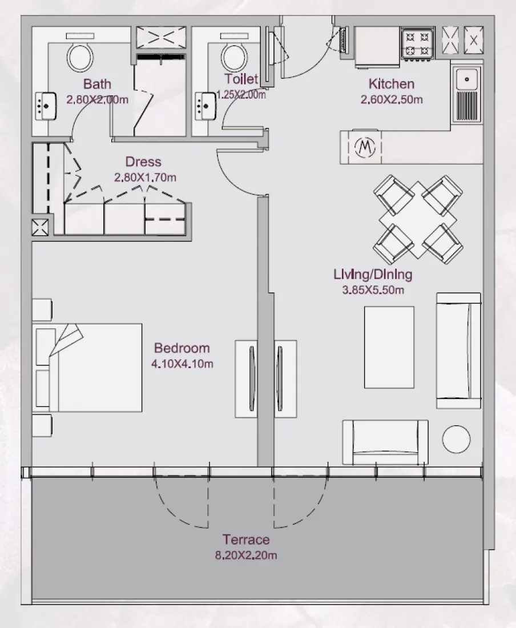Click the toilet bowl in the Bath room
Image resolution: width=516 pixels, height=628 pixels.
pyautogui.click(x=80, y=55)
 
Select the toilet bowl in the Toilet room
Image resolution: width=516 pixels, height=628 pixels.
pyautogui.click(x=233, y=56)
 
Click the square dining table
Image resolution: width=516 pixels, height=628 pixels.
pyautogui.click(x=418, y=220)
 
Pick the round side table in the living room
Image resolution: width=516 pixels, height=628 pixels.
pyautogui.click(x=456, y=438)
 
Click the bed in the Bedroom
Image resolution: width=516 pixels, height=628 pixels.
pyautogui.click(x=88, y=368)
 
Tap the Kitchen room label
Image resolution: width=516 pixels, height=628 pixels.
pyautogui.click(x=391, y=84)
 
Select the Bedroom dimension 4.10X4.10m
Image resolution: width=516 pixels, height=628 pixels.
pyautogui.click(x=182, y=364)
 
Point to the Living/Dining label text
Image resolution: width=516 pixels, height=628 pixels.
pyautogui.click(x=373, y=275)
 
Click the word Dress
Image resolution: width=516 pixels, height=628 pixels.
pyautogui.click(x=143, y=162)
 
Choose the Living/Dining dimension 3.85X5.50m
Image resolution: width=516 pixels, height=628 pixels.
pyautogui.click(x=373, y=290)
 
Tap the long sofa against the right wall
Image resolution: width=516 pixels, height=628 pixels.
pyautogui.click(x=458, y=351)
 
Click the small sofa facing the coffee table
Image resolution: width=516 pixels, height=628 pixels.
pyautogui.click(x=385, y=442)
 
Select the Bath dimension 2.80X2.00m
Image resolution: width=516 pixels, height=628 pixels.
pyautogui.click(x=96, y=99)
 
